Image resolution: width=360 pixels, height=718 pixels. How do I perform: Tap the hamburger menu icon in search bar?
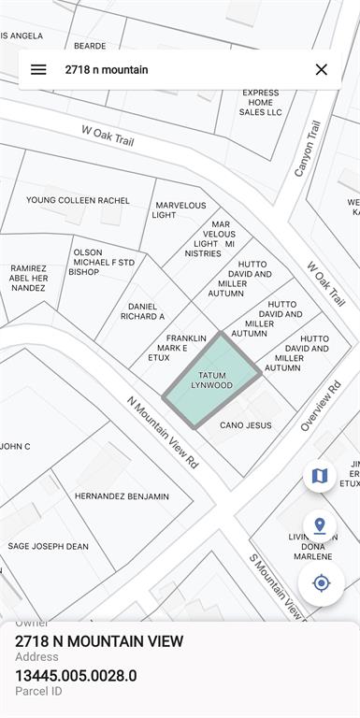tap(38, 69)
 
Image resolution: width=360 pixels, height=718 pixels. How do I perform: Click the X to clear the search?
tap(321, 69)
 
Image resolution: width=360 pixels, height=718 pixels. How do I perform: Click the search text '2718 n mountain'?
tap(106, 69)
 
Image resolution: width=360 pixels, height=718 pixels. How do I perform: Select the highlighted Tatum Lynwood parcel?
tap(211, 380)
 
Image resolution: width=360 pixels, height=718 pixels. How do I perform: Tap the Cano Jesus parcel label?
tap(245, 425)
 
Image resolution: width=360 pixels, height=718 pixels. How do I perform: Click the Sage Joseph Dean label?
tap(48, 547)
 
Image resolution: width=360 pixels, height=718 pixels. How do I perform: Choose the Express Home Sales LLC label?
tap(260, 103)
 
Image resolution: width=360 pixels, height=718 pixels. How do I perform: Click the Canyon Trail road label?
tap(308, 148)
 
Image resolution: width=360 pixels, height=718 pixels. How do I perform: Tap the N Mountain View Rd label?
tap(163, 432)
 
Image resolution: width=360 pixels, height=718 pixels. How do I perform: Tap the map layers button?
tap(320, 476)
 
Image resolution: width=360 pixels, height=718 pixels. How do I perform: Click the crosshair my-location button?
tap(321, 583)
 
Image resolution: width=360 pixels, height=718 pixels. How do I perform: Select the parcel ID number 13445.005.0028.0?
tap(76, 675)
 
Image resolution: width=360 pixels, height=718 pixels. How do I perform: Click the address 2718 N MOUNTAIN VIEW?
tap(99, 641)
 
